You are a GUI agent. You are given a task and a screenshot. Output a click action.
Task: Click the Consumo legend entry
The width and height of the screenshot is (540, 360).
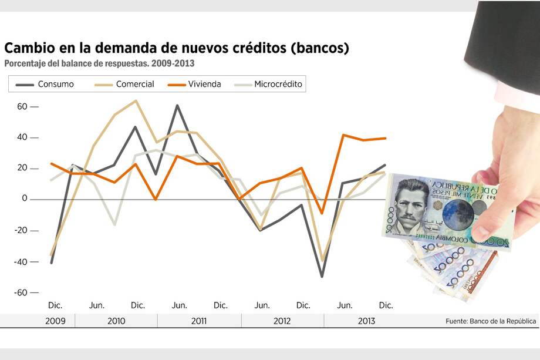56,84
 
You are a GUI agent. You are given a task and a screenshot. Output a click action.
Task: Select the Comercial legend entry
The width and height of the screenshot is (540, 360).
134,84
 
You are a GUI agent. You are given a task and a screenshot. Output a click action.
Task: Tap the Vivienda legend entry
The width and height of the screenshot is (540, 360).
205,84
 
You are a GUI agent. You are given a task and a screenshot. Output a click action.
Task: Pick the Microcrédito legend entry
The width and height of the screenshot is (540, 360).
278,84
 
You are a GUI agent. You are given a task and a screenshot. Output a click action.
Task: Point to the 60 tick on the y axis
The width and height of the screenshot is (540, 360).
22,107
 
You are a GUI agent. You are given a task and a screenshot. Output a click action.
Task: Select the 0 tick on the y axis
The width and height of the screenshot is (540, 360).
25,199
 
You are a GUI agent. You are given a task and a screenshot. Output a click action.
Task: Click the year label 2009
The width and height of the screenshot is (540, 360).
55,321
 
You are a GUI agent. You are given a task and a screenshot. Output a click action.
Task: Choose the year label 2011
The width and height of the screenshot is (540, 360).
199,321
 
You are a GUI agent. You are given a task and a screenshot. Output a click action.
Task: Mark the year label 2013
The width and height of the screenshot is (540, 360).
366,321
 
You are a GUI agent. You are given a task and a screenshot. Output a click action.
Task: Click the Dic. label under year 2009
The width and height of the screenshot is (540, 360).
55,305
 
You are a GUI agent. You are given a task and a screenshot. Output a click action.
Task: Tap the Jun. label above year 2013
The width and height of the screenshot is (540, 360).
345,305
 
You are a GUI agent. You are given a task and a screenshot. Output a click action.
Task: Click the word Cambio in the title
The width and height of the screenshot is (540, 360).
29,48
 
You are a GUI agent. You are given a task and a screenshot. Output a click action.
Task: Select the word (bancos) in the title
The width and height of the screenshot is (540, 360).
320,48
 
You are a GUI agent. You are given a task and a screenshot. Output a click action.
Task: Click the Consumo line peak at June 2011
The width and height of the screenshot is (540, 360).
177,106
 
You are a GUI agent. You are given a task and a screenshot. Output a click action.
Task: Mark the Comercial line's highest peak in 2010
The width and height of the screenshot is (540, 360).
136,100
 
